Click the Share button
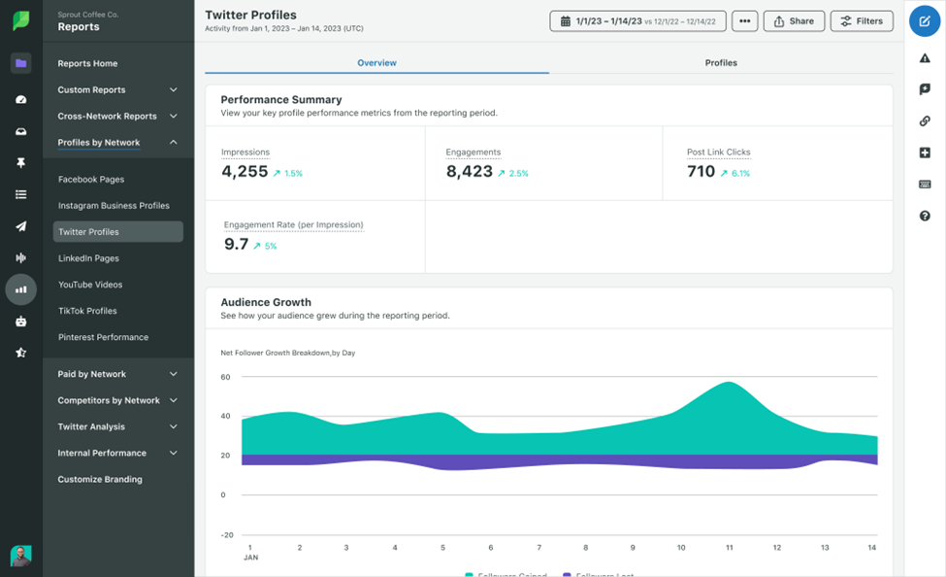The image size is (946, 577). tap(794, 20)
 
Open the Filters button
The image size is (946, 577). tap(861, 20)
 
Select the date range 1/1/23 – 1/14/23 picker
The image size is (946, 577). tap(637, 20)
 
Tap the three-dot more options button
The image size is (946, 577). tap(744, 20)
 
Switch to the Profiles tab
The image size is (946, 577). tap(721, 63)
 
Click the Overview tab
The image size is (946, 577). tap(376, 63)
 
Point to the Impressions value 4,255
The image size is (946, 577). tap(245, 172)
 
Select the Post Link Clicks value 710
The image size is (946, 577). tap(701, 172)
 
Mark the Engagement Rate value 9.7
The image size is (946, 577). tap(236, 245)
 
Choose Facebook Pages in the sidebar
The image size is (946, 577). tap(91, 180)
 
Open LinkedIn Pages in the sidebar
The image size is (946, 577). tap(88, 258)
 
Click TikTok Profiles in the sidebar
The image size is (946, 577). tap(87, 311)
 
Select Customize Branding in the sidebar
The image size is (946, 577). tap(100, 479)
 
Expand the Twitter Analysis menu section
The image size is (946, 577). tap(117, 426)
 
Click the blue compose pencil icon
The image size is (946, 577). tap(925, 20)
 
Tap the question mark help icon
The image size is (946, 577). tap(925, 216)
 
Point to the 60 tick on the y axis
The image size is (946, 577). tap(225, 377)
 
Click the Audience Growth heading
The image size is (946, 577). tap(266, 302)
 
